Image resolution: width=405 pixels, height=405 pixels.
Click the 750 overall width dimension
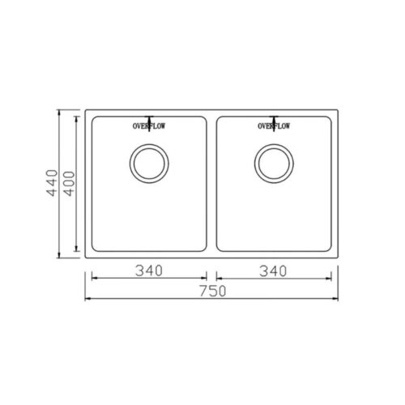pos(213,292)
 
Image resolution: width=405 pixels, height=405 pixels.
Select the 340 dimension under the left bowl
pos(149,271)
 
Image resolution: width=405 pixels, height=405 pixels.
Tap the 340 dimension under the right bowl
pos(273,271)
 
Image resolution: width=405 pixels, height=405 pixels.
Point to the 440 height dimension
pos(52,183)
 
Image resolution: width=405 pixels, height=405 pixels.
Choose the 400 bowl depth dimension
pos(70,184)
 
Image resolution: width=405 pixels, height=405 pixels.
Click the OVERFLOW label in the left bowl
pos(149,126)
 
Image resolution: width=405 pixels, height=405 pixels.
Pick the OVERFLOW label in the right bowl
pos(274,126)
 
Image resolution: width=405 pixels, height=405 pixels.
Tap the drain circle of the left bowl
pos(149,145)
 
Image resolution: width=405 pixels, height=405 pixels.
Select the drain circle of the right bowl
pos(274,145)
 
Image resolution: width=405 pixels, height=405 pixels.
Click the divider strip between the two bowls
pos(211,184)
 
